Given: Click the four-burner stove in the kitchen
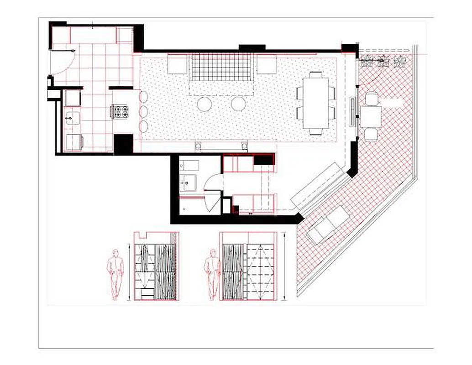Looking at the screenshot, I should [120, 112].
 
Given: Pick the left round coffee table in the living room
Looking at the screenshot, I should [204, 104].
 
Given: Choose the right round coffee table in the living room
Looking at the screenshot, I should [238, 104].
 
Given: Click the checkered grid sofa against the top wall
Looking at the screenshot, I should [222, 67].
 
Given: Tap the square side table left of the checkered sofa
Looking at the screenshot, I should [178, 64].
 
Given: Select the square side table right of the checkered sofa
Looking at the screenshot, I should [266, 64].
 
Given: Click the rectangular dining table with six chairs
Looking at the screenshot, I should [316, 103].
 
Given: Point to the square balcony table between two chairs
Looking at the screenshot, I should [371, 116].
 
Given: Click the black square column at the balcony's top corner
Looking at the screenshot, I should [349, 48].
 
